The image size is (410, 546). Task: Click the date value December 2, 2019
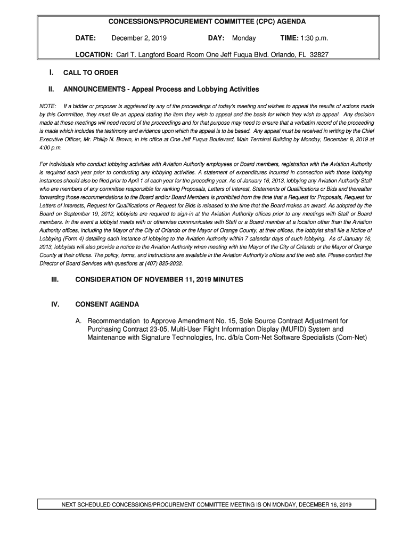(139, 38)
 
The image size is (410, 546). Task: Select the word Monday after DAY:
(244, 38)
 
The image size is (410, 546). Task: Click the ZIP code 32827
(318, 54)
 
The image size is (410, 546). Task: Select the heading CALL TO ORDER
(91, 73)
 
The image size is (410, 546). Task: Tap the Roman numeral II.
(52, 89)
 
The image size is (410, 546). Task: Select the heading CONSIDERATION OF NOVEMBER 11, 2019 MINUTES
(159, 279)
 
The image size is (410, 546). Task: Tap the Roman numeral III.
(53, 279)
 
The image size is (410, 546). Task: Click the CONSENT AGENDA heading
(107, 304)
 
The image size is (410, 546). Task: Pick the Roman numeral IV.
(53, 304)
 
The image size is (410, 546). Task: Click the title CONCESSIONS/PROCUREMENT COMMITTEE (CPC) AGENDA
(207, 22)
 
